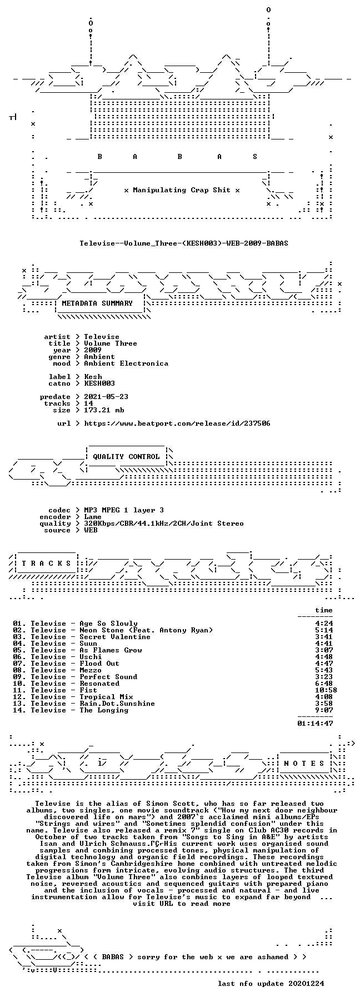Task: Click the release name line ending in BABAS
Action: [184, 243]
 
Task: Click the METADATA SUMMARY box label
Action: [97, 303]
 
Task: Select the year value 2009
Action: [93, 350]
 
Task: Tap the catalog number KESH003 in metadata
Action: [99, 383]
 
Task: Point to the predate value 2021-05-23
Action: [106, 397]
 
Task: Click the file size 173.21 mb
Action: [104, 410]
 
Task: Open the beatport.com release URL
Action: [177, 423]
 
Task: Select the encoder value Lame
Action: [93, 517]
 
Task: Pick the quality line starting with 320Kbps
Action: [164, 524]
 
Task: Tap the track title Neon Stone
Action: [102, 630]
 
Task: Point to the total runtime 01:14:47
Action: [315, 724]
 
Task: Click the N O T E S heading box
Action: [304, 764]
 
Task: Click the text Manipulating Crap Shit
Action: [182, 190]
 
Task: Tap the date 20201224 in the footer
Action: [306, 984]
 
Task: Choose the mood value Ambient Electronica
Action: [126, 363]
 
